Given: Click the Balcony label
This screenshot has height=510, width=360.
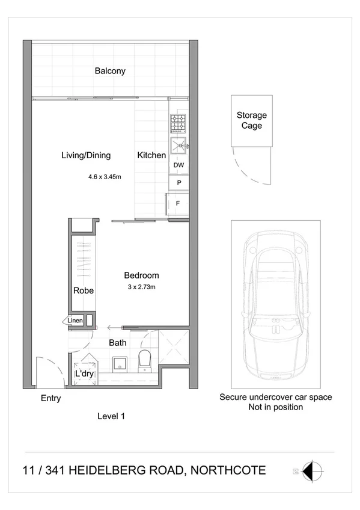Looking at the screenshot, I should click(x=110, y=71).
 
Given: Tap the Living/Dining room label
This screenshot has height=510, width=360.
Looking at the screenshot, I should click(x=86, y=155).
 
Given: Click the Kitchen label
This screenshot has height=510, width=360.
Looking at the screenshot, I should click(x=151, y=155).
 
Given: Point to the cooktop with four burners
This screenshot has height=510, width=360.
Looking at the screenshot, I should click(x=179, y=124).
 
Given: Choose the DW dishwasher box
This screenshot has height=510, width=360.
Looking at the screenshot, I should click(x=178, y=165).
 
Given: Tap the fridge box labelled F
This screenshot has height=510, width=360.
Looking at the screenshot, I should click(x=178, y=203).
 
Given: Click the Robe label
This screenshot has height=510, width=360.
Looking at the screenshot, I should click(x=83, y=290).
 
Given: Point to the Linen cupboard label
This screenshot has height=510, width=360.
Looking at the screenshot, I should click(x=75, y=321).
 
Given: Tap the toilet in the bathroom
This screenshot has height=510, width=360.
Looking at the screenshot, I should click(x=144, y=362).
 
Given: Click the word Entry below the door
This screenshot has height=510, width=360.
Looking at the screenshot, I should click(x=50, y=398).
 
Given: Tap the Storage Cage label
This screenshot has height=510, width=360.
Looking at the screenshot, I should click(x=251, y=120).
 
